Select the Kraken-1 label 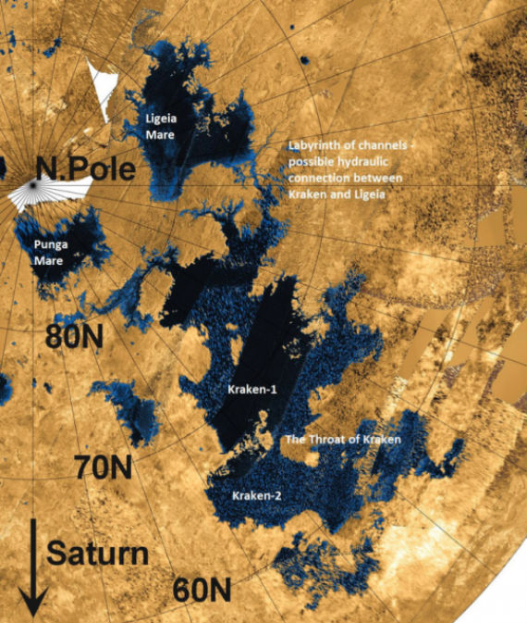pyautogui.click(x=252, y=391)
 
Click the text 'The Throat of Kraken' pyautogui.click(x=343, y=440)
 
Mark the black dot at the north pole pyautogui.click(x=32, y=185)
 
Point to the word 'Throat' pyautogui.click(x=321, y=440)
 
